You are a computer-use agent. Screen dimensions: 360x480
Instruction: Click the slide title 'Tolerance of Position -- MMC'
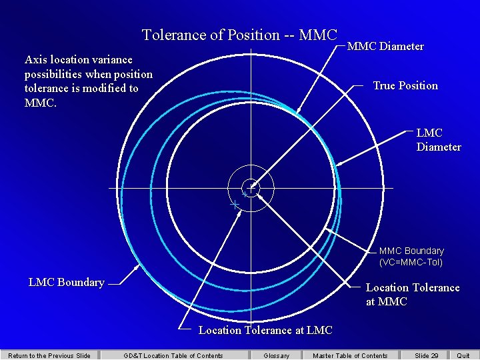point(240,35)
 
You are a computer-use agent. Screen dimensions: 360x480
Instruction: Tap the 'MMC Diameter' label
point(385,46)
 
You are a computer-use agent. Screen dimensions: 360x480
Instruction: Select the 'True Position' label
point(405,85)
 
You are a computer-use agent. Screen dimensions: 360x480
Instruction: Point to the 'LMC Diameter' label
point(439,139)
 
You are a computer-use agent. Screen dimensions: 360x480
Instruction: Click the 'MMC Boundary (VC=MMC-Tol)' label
point(411,256)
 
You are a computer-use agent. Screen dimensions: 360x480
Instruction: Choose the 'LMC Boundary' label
point(67,282)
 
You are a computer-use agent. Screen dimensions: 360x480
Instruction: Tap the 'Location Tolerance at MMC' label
point(413,294)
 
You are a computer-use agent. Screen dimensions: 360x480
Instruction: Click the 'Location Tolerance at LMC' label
point(265,330)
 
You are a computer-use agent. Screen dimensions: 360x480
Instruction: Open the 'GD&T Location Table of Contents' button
point(173,355)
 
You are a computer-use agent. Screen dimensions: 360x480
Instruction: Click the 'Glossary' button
point(277,355)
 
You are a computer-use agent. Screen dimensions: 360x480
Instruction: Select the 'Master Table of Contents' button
point(350,355)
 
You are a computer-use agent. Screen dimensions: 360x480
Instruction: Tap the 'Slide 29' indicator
point(427,355)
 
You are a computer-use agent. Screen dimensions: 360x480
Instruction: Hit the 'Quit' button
point(463,355)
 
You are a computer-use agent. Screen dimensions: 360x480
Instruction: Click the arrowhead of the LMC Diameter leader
point(337,165)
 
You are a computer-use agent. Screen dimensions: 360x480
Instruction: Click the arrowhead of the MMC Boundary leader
point(325,230)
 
